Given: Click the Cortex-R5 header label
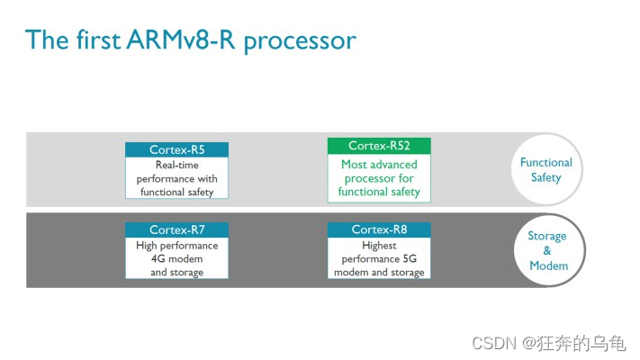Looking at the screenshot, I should point(176,150).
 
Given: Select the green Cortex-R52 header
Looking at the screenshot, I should point(379,146).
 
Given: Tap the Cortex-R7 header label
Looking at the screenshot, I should point(176,229).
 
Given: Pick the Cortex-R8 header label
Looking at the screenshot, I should point(379,229).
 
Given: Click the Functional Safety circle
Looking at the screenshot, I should point(545,170).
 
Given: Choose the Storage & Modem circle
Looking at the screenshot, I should point(547,250).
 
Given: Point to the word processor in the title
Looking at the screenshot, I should point(305,40).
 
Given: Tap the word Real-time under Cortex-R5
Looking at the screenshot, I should point(176,166).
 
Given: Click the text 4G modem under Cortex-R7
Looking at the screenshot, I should point(176,258).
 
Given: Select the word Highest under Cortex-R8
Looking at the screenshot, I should point(379,245).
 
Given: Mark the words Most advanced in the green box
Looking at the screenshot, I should point(379,165).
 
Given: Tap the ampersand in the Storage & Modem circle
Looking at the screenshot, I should point(547,250).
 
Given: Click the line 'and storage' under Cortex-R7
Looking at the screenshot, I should point(176,272).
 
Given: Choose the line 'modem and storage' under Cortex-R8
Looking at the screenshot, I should point(379,272).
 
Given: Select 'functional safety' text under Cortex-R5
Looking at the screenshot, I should point(176,192).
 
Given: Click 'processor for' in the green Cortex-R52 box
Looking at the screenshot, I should point(379,178).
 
